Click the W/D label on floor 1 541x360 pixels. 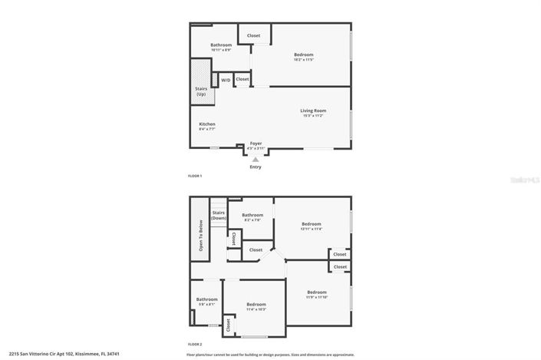(x=226, y=80)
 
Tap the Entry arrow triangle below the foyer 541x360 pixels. (x=256, y=159)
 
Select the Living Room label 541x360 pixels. (x=313, y=111)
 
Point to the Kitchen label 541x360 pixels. (x=207, y=124)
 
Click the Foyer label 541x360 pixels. (x=256, y=143)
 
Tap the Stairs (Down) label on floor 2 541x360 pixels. (x=219, y=215)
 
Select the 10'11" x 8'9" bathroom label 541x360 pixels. (x=221, y=49)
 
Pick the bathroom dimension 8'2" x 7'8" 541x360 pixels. (x=252, y=220)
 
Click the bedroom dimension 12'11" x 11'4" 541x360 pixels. (x=312, y=228)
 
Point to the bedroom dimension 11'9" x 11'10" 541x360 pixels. (x=317, y=296)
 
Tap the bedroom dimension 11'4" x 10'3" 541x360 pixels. (x=256, y=309)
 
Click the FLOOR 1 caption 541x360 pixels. (x=196, y=176)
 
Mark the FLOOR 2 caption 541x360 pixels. (x=196, y=345)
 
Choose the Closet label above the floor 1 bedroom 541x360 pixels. (x=253, y=35)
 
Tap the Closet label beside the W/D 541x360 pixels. (x=242, y=79)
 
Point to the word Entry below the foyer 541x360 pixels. (x=256, y=167)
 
